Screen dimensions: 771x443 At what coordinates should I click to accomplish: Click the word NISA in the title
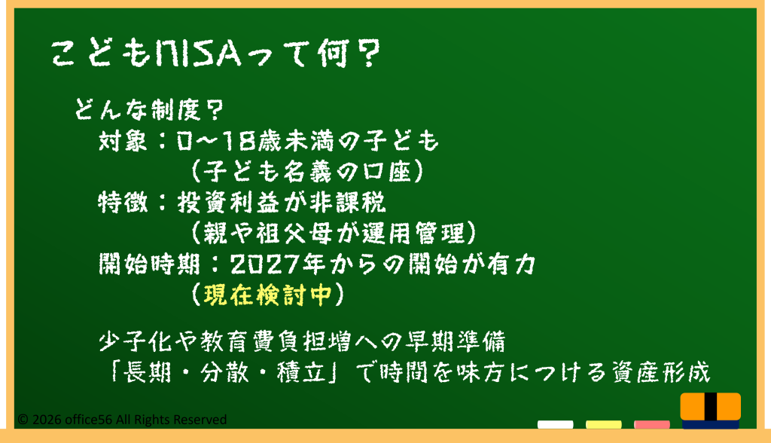(198, 53)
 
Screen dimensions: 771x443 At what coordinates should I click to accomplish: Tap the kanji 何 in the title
(334, 53)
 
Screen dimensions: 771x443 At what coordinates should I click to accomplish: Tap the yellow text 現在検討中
(268, 295)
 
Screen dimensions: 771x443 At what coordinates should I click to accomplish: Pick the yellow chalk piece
(603, 424)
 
